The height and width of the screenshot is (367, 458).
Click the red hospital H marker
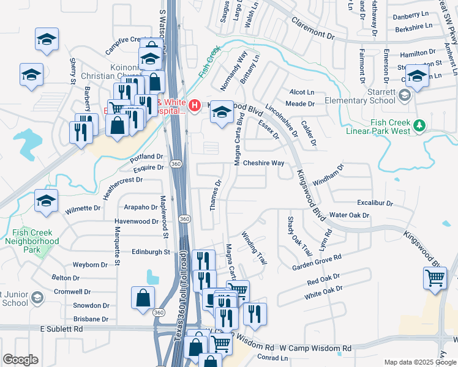click(195, 106)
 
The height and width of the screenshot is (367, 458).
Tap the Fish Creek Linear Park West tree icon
click(419, 126)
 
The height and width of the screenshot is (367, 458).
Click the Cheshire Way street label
click(263, 163)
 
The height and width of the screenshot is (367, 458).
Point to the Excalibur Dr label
click(375, 202)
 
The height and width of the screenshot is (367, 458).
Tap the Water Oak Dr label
click(349, 215)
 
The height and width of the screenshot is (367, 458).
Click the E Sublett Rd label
click(62, 329)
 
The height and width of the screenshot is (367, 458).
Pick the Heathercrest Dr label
click(122, 180)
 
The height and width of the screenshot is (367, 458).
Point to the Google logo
click(20, 359)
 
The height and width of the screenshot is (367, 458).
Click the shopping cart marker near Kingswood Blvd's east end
click(435, 278)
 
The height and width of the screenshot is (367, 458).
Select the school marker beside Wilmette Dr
click(47, 201)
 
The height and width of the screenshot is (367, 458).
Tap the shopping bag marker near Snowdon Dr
click(143, 298)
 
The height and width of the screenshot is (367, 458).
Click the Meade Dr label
click(300, 104)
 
